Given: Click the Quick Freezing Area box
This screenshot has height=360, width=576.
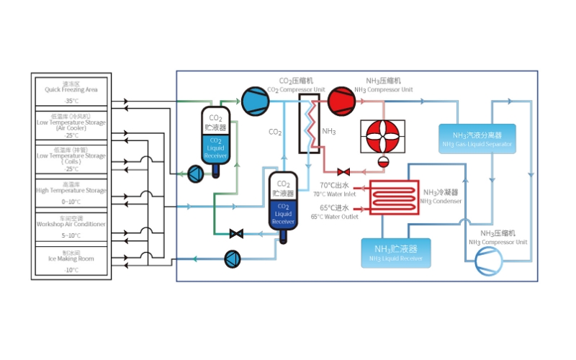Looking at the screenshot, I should tap(71, 91).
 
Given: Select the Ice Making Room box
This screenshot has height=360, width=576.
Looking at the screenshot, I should tap(71, 261).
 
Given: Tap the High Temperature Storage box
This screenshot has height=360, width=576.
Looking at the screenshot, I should tap(71, 192).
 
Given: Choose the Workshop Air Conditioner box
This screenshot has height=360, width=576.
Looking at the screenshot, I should tap(71, 226).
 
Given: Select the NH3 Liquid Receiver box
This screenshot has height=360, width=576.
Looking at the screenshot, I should tap(395, 253).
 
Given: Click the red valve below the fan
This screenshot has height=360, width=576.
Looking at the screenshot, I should tap(344, 171).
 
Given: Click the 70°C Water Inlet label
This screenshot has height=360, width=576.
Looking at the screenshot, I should tap(335, 190).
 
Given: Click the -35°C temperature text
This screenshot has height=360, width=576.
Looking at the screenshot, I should tap(71, 101).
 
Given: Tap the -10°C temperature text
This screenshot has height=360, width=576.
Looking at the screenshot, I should tap(71, 270).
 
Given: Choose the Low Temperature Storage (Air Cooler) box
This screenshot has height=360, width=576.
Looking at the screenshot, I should tap(71, 125).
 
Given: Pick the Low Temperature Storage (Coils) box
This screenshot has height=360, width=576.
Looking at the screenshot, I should tap(71, 158).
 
